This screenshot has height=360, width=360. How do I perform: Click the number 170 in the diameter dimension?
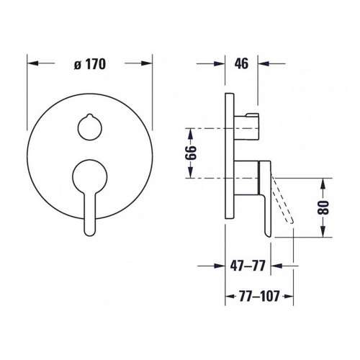click(x=95, y=64)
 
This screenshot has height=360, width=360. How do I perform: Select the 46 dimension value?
click(x=242, y=63)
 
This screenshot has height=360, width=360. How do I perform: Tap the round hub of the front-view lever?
click(x=90, y=175)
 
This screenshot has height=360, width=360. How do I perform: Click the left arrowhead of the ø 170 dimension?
click(x=32, y=64)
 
